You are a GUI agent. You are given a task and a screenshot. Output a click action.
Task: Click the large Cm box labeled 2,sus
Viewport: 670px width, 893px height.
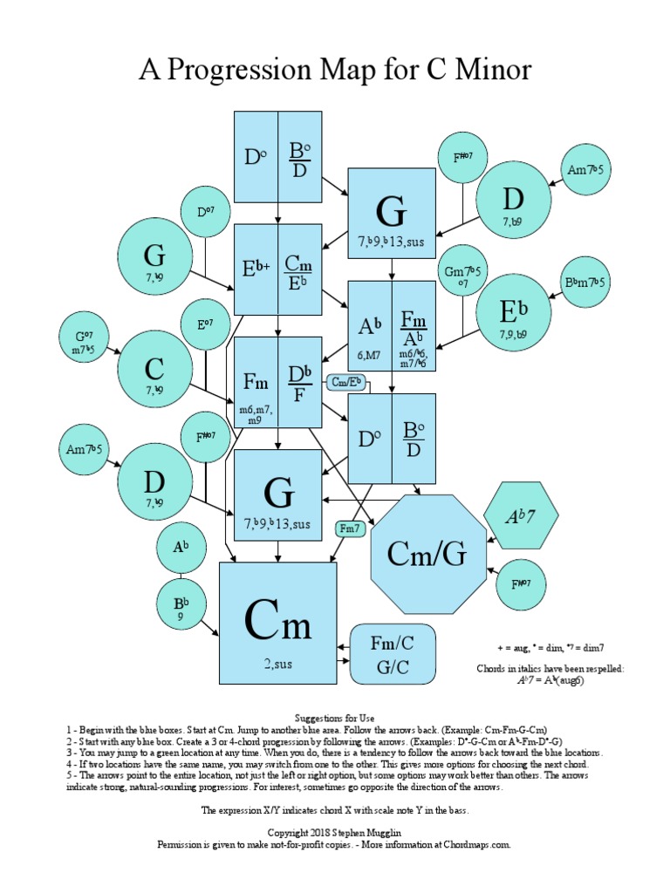click(x=277, y=622)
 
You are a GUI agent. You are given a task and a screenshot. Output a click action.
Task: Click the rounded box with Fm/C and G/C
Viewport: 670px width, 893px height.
click(x=392, y=654)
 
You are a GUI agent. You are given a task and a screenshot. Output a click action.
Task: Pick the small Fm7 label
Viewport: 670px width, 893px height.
click(x=350, y=528)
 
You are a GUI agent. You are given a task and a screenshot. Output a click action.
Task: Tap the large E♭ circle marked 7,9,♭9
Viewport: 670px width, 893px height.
click(x=514, y=312)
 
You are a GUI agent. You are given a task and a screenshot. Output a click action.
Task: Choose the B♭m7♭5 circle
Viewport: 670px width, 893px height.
click(x=586, y=282)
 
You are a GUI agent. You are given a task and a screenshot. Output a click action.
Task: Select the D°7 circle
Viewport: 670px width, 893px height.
click(x=205, y=212)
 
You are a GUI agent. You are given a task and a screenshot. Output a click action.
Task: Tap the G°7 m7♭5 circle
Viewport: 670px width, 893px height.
click(x=83, y=341)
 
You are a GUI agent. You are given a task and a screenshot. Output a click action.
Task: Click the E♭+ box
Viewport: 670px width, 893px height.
click(x=256, y=269)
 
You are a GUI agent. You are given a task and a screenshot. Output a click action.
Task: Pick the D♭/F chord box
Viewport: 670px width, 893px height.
click(x=299, y=381)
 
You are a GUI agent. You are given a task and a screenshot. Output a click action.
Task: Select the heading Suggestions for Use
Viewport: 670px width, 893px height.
click(x=335, y=716)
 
